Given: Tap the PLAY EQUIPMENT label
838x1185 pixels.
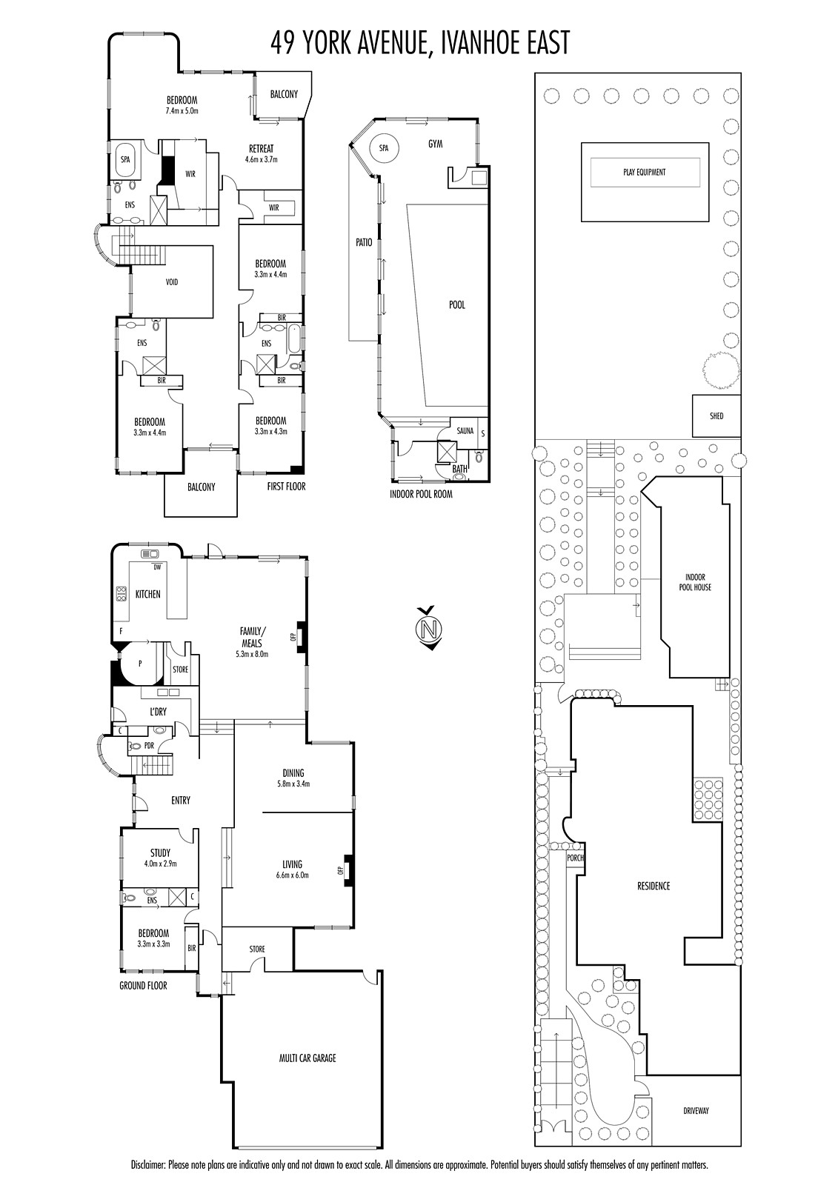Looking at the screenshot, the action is pos(645,172).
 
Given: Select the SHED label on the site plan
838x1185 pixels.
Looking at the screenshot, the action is pos(716,415).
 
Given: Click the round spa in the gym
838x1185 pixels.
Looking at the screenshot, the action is pos(384,148).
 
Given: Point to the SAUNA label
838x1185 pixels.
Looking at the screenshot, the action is pos(465,430).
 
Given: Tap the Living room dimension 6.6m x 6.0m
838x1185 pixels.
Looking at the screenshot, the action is pos(292,875).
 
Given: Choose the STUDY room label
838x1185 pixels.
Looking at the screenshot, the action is pos(160,852).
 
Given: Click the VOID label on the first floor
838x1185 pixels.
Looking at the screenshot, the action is pos(172,282).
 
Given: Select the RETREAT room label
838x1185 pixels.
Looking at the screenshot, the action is pos(262,149).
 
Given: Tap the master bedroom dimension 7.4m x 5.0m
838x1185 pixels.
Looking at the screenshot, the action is pos(182,111).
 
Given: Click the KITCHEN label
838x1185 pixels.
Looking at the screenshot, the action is pos(147,594).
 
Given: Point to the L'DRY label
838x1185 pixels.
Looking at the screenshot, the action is pos(158,712).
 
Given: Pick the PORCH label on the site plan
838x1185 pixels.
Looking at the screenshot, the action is pos(575,858).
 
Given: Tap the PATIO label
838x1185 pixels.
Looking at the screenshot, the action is pos(364,242).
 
